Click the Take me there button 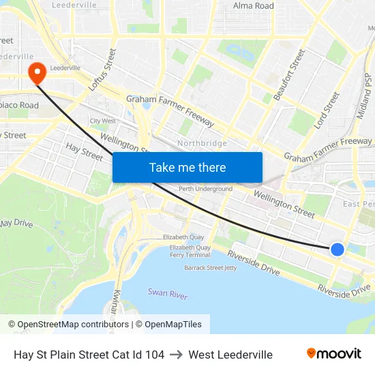point(187,167)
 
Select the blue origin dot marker point(337,250)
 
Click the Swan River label point(168,293)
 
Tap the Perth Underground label point(205,189)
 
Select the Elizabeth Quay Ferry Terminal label point(190,251)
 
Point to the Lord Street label point(327,111)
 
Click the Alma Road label point(254,6)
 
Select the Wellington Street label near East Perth point(284,204)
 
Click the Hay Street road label point(84,151)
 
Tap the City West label point(103,121)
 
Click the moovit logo point(334,354)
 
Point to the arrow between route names point(177,355)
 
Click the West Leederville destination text point(230,355)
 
